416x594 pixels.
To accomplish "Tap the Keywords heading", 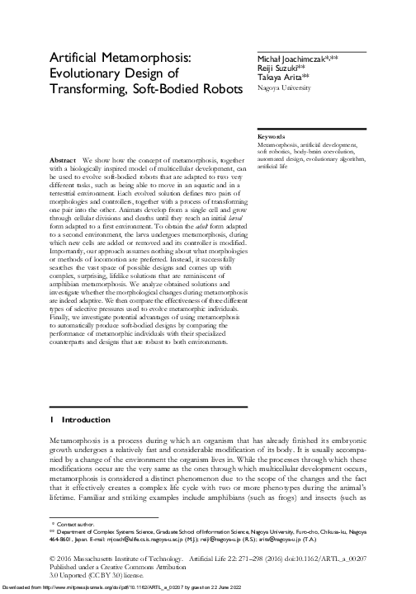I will (x=272, y=134).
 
